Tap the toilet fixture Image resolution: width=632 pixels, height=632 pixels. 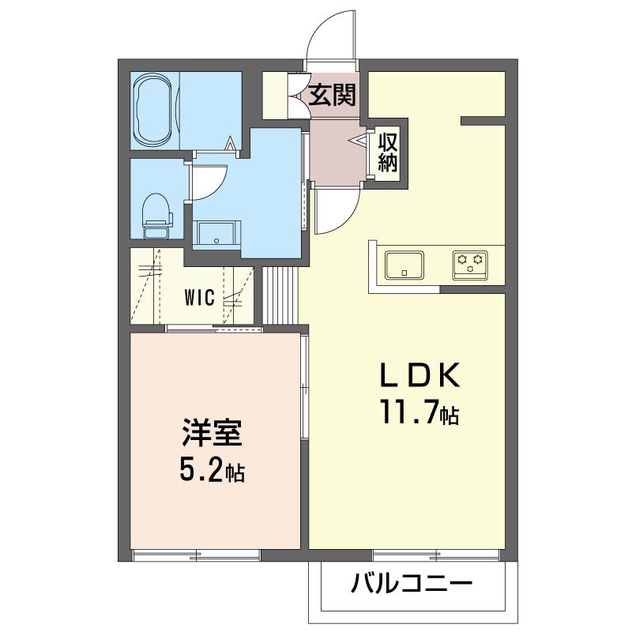(157, 216)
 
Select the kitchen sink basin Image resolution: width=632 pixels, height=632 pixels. (404, 265)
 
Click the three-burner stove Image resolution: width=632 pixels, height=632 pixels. (470, 265)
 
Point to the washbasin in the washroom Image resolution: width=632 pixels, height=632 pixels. (216, 234)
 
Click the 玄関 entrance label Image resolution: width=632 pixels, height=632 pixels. (333, 95)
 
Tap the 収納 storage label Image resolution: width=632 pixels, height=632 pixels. (388, 152)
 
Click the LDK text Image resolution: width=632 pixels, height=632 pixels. (419, 374)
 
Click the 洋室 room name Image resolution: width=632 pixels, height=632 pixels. (212, 432)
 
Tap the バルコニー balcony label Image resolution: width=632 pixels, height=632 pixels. (411, 583)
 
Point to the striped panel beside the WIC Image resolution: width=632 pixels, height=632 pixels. (280, 295)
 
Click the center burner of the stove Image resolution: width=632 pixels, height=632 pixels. (470, 269)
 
